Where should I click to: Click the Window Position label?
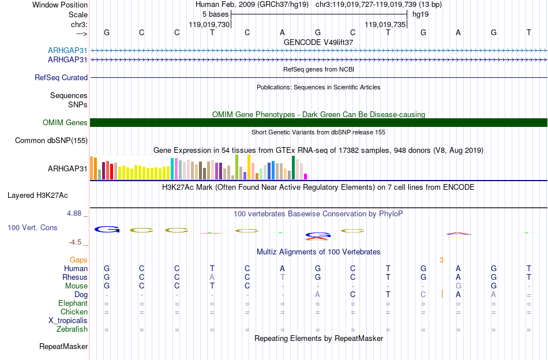pos(60,5)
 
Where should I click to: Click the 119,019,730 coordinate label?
pos(209,24)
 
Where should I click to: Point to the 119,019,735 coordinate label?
pos(385,24)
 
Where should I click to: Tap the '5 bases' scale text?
pos(215,14)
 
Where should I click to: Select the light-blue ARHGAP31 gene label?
pos(67,50)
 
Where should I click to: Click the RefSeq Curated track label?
pos(61,77)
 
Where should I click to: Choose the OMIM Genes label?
pos(65,123)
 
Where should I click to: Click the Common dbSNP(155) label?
pos(51,141)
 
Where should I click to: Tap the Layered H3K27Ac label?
pos(37,196)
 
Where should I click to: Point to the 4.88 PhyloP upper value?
pos(74,213)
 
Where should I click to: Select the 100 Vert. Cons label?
pos(32,227)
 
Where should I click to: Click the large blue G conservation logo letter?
pos(107,229)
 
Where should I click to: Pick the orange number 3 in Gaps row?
pos(441,260)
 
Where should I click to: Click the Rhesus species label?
pos(75,277)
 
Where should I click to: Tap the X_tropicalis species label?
pos(68,321)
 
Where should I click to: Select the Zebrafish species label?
pos(72,329)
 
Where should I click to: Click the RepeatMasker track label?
pos(63,346)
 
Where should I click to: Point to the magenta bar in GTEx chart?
pos(306,177)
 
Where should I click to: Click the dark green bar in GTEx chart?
pos(293,168)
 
